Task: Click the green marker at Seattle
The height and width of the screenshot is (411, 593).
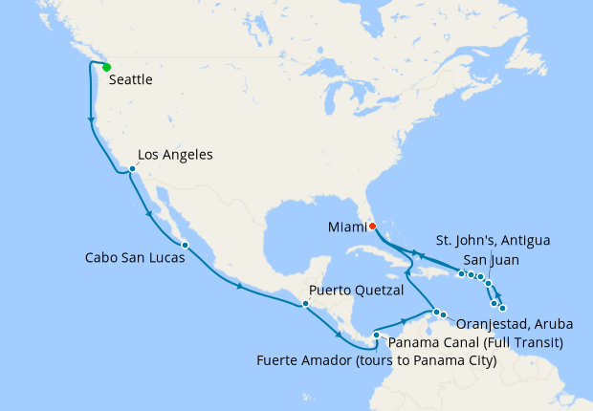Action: [x=106, y=67]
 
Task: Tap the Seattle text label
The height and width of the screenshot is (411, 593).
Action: [x=131, y=81]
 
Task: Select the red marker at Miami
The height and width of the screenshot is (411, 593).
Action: [x=372, y=226]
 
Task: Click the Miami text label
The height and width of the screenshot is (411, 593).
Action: [x=346, y=226]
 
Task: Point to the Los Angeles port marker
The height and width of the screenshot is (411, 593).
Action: [x=132, y=170]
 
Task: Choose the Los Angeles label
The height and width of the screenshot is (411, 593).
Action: [x=175, y=154]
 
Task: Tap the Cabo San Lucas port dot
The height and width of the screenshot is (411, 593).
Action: [x=185, y=246]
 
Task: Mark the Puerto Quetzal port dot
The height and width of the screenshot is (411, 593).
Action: [x=305, y=304]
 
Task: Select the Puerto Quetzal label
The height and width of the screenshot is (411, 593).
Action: [x=357, y=291]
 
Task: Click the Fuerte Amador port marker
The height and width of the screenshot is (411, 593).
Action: [x=376, y=335]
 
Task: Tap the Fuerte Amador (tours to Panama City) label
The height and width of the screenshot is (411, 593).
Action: [x=377, y=360]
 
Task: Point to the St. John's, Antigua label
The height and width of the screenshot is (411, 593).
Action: [x=493, y=239]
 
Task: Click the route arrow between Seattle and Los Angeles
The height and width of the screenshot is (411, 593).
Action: [x=91, y=120]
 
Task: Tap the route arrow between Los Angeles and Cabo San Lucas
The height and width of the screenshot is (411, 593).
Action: [x=148, y=214]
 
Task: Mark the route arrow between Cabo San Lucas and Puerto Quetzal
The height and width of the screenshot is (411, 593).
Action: [x=239, y=287]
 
